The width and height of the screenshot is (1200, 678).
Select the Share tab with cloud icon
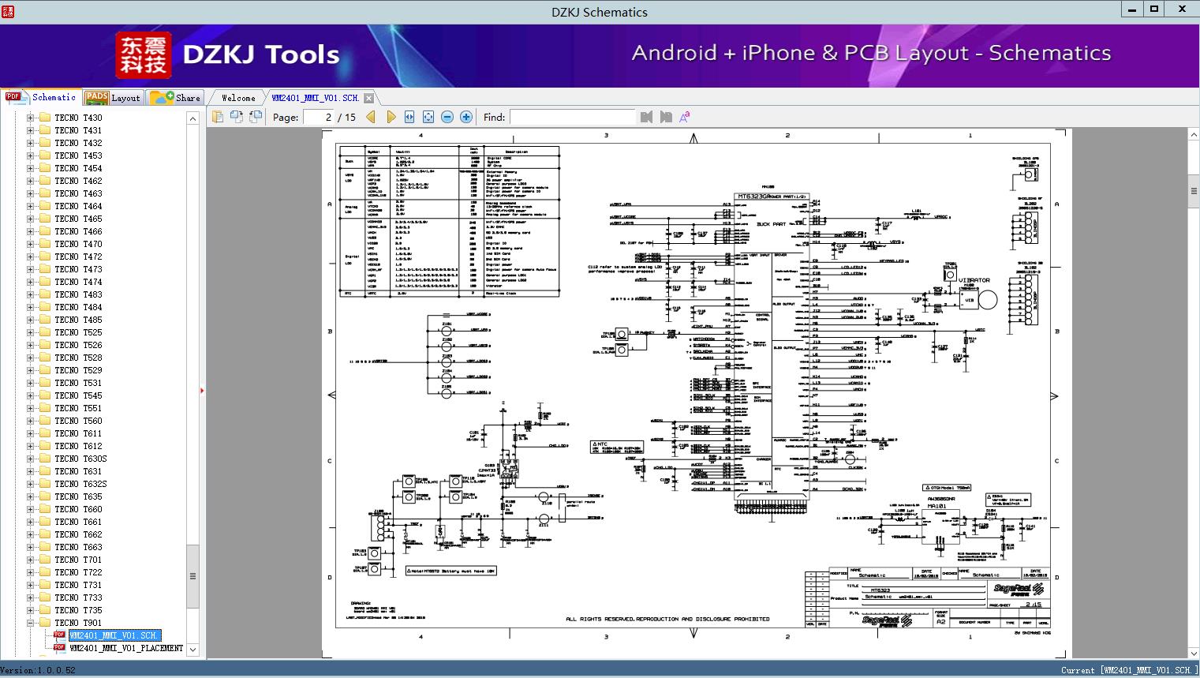(x=176, y=98)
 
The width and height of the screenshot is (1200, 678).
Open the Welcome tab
(x=238, y=98)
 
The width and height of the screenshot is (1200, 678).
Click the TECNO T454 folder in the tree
(x=78, y=168)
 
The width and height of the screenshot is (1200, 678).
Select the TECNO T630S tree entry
(x=80, y=459)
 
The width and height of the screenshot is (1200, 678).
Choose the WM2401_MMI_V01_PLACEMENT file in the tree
(x=126, y=648)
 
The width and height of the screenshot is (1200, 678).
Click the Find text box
(x=572, y=117)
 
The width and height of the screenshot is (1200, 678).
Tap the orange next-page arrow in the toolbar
(x=391, y=117)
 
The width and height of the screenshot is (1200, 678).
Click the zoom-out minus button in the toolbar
(x=447, y=117)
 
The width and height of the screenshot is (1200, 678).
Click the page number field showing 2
(x=320, y=117)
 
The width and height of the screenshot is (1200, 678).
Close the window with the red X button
(x=1182, y=10)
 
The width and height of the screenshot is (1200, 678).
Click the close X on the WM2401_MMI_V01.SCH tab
(x=368, y=98)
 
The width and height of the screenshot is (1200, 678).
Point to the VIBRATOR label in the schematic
(x=974, y=280)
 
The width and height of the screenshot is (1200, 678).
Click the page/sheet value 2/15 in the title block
(x=1033, y=605)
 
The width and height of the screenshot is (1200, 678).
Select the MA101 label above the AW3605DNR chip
(x=936, y=507)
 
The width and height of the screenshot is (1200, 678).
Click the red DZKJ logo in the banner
(x=143, y=54)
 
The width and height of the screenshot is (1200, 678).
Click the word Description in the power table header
(x=516, y=152)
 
